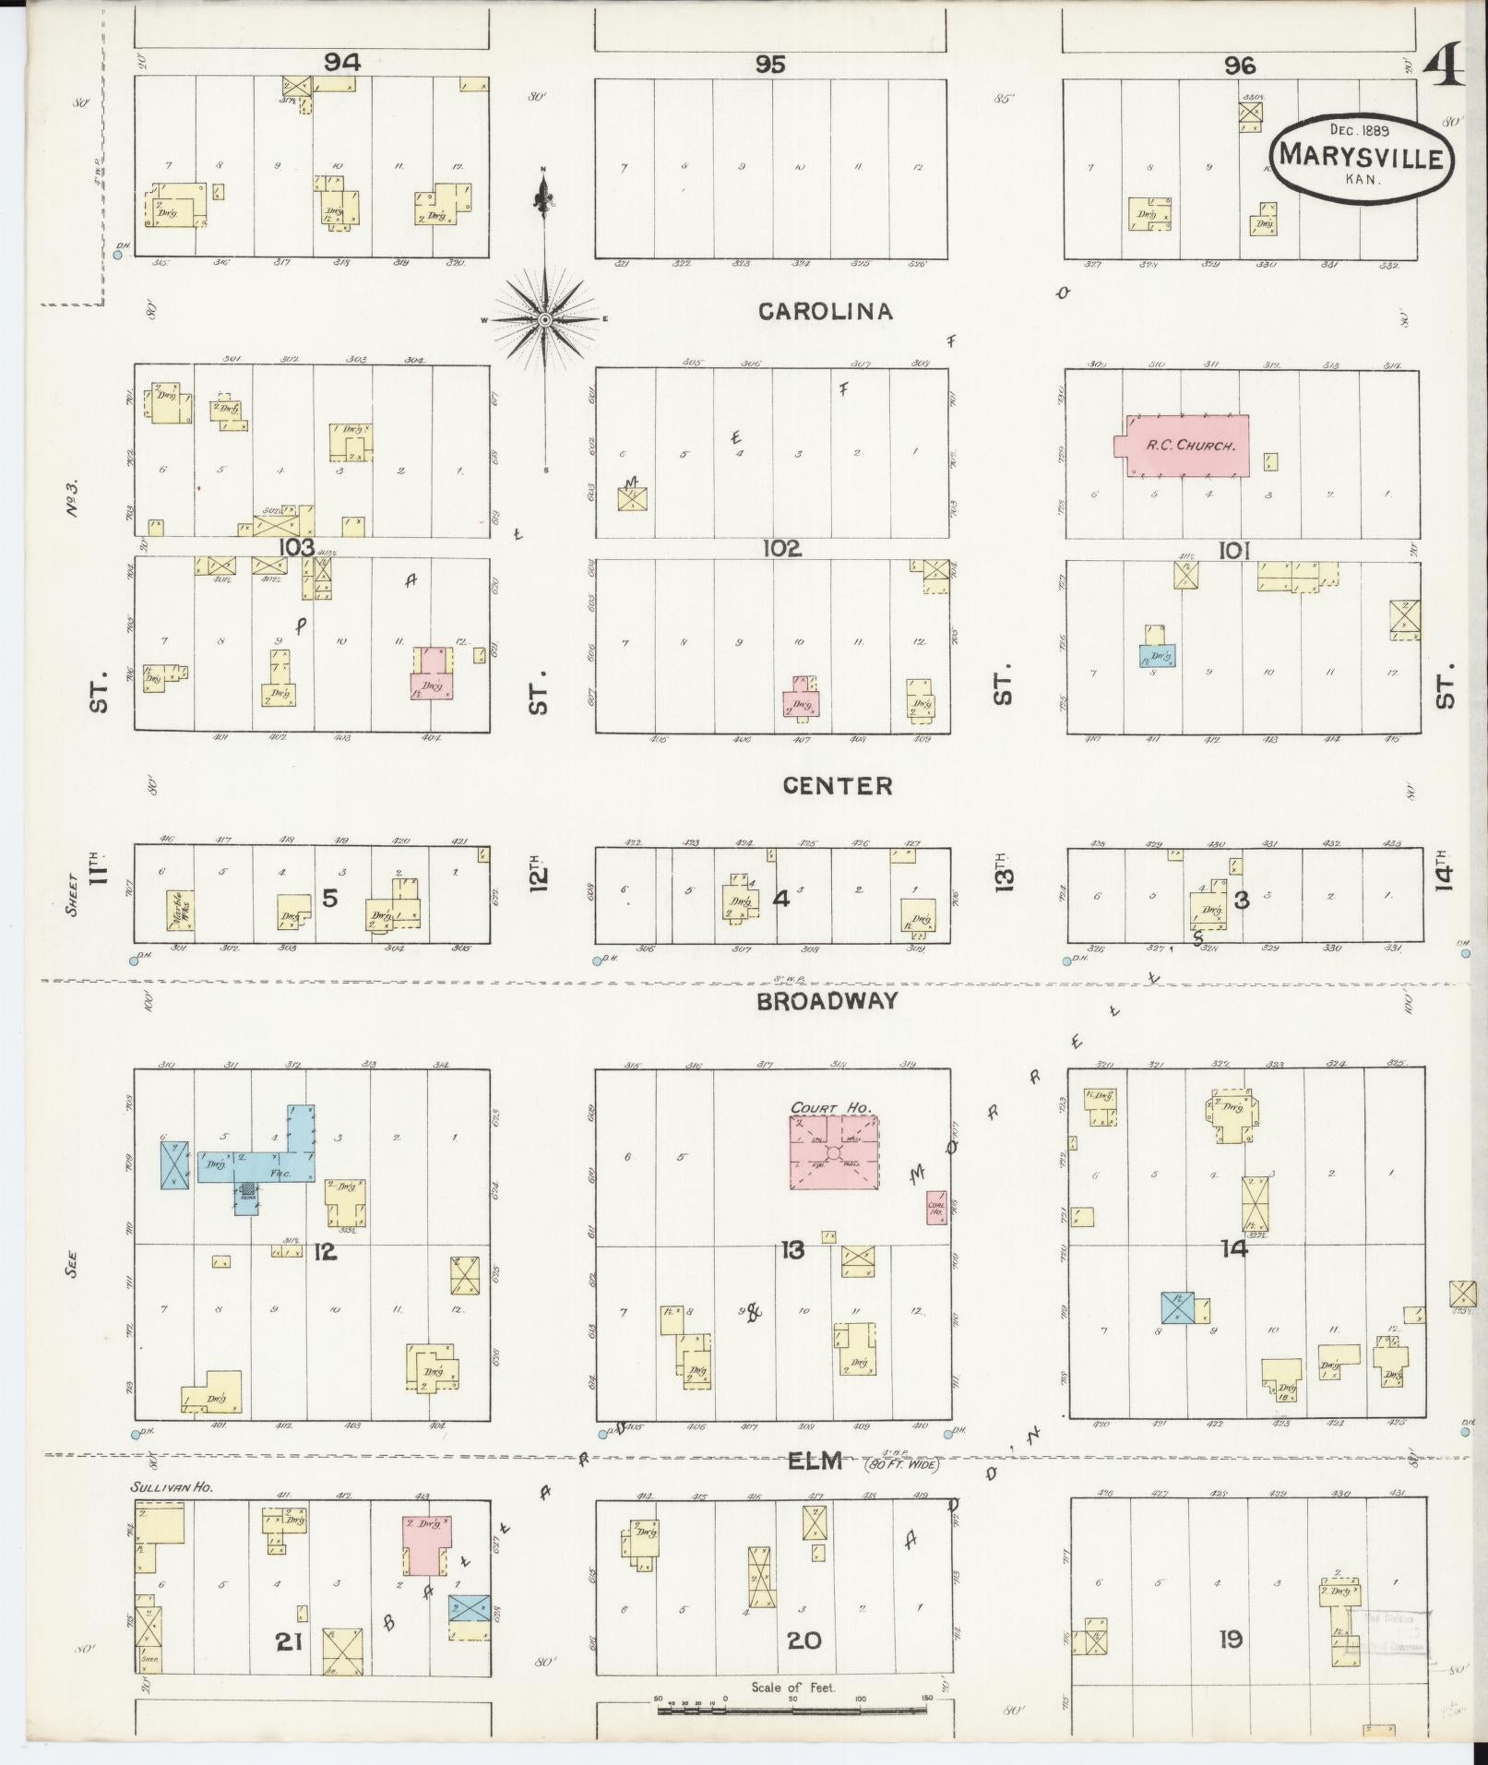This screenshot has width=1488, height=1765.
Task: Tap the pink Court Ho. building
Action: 833,1152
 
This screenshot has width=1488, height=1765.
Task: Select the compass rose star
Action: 544,319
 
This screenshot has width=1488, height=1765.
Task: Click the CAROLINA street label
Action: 825,312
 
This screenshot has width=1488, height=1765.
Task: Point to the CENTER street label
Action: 837,785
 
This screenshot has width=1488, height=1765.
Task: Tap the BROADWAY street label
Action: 827,1001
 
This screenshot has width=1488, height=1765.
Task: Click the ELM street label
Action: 816,1461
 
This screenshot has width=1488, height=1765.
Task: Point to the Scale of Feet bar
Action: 793,1710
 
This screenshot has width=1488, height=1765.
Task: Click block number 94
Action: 341,62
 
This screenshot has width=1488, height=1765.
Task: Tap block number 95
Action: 769,64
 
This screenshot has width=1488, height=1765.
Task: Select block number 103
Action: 297,547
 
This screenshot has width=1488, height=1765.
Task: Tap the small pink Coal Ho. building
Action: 936,1207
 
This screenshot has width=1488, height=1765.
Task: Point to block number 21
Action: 289,1641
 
